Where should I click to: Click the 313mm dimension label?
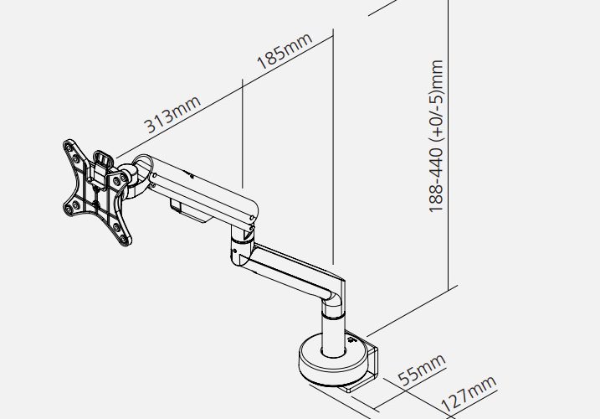point(172,114)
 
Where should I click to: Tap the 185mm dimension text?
point(285,51)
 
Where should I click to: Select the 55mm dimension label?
point(422,370)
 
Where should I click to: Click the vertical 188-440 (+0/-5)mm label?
point(436,136)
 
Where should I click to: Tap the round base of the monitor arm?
point(334,360)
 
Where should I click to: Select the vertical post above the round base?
point(333,329)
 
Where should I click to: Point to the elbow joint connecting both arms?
point(241,246)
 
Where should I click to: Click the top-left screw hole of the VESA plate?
point(69,147)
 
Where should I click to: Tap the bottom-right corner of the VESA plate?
point(126,241)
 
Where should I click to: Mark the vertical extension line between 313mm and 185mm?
point(242,133)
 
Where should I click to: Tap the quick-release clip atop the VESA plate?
point(103,168)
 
